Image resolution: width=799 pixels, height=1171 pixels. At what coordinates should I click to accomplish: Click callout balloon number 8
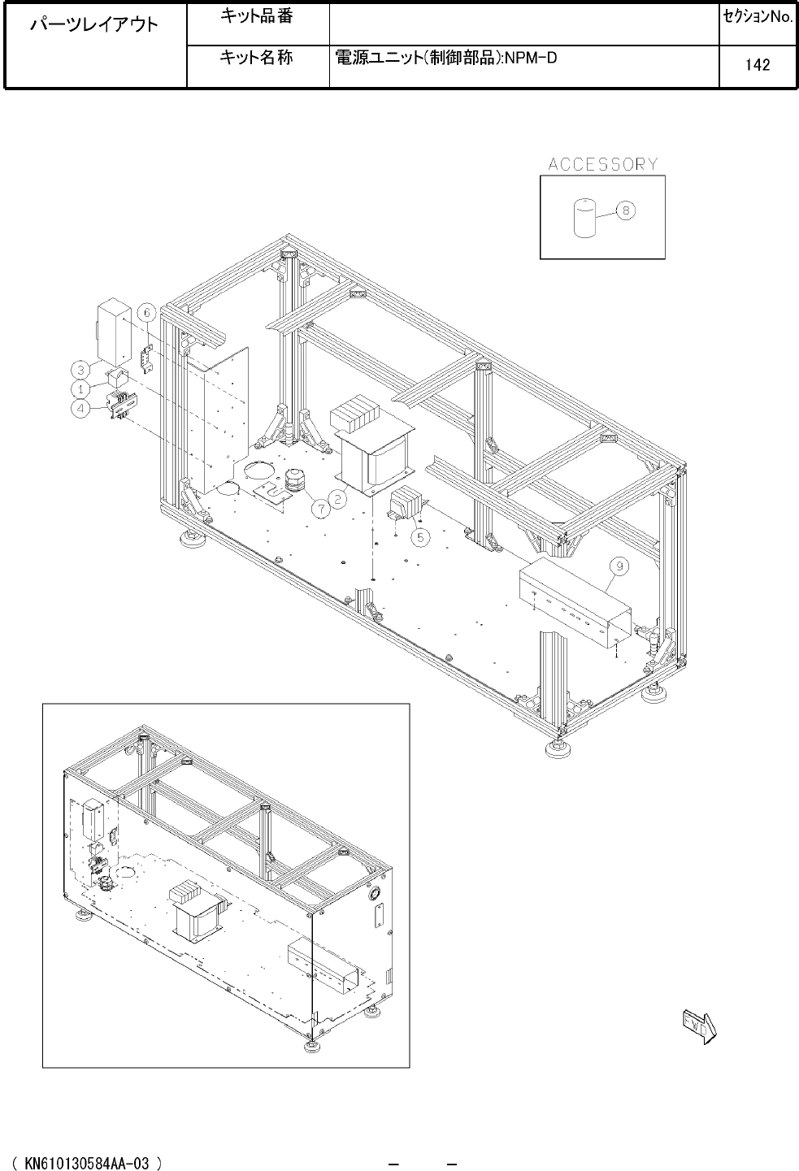click(625, 210)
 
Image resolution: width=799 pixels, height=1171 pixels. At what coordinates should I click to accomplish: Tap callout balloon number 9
click(619, 566)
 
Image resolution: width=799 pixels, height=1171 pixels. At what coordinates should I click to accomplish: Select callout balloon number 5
click(421, 537)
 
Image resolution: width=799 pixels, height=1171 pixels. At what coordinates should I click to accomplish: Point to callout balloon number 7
click(321, 508)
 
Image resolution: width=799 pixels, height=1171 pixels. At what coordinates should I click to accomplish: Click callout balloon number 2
click(338, 499)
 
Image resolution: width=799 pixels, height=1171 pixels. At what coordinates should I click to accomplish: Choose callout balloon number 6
click(147, 313)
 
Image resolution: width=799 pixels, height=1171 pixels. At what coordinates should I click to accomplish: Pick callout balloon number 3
click(80, 370)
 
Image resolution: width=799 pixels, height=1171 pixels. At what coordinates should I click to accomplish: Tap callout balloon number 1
click(80, 389)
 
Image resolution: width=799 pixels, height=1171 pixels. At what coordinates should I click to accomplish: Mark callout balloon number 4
click(80, 408)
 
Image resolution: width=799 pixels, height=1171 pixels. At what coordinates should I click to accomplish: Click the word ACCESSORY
click(603, 164)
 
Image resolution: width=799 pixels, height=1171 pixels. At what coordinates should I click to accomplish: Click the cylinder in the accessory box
click(586, 218)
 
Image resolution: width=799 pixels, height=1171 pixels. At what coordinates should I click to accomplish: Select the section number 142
click(758, 65)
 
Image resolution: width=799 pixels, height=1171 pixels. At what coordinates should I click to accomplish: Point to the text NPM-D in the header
click(531, 58)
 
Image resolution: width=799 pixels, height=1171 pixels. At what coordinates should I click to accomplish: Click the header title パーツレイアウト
click(94, 24)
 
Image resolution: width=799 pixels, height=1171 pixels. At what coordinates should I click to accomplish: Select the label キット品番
click(256, 16)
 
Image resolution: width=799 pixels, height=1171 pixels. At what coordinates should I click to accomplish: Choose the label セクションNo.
click(758, 17)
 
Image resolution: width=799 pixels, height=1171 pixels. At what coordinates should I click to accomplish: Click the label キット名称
click(256, 57)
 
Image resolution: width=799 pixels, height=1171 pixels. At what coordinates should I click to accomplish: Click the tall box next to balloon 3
click(114, 332)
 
